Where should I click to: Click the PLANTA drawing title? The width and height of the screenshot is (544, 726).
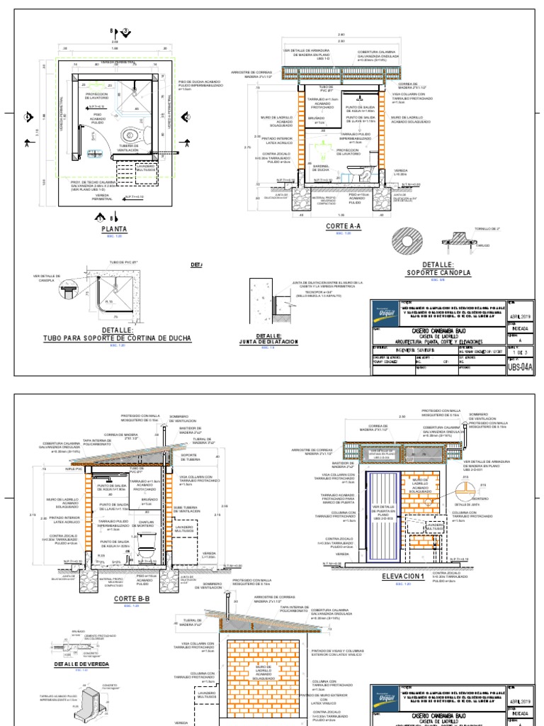point(113,230)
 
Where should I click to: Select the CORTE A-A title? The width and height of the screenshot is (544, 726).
point(343,226)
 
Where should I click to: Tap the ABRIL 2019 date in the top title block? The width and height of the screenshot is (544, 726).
point(523,317)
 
